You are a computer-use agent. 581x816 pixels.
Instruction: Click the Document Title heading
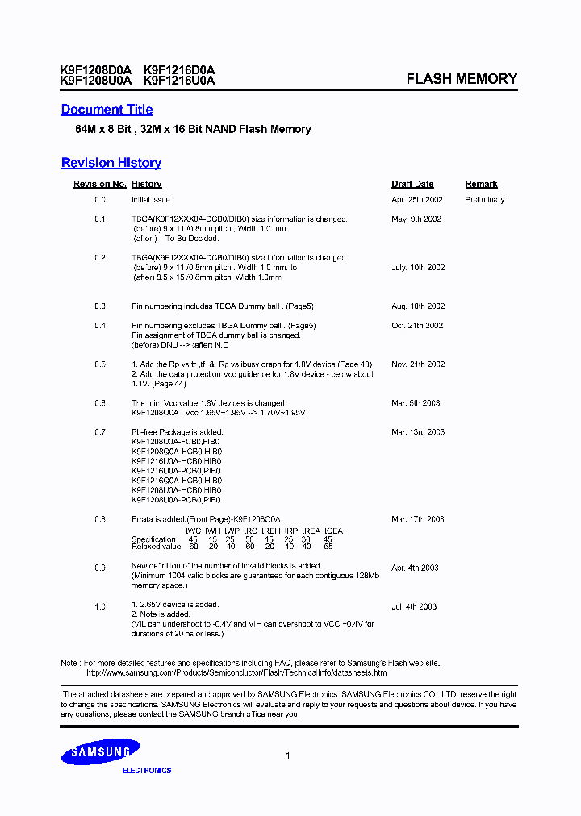107,110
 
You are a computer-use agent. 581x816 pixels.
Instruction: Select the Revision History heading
111,163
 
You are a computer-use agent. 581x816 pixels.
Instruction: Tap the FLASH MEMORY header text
461,79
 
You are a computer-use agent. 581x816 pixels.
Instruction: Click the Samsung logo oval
101,752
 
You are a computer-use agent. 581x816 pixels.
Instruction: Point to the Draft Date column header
412,185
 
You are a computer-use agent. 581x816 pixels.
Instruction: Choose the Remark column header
481,185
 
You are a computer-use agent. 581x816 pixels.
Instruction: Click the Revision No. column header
99,185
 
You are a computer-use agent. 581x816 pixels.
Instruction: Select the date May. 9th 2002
416,219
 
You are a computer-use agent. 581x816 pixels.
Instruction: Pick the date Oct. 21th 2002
417,326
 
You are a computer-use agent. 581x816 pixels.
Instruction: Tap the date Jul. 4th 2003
414,606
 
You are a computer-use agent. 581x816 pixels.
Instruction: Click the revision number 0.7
100,432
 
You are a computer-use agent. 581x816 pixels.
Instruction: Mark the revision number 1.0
100,606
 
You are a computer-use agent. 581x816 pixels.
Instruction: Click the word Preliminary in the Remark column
484,200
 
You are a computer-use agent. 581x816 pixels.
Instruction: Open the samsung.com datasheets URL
236,672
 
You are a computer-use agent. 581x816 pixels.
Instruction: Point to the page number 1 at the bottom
288,756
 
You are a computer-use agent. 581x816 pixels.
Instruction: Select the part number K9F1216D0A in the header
178,70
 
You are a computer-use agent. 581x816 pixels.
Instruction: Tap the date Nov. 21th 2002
418,364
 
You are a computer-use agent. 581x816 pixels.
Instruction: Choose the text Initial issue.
152,199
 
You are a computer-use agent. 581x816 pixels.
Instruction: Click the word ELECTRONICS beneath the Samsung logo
146,771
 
